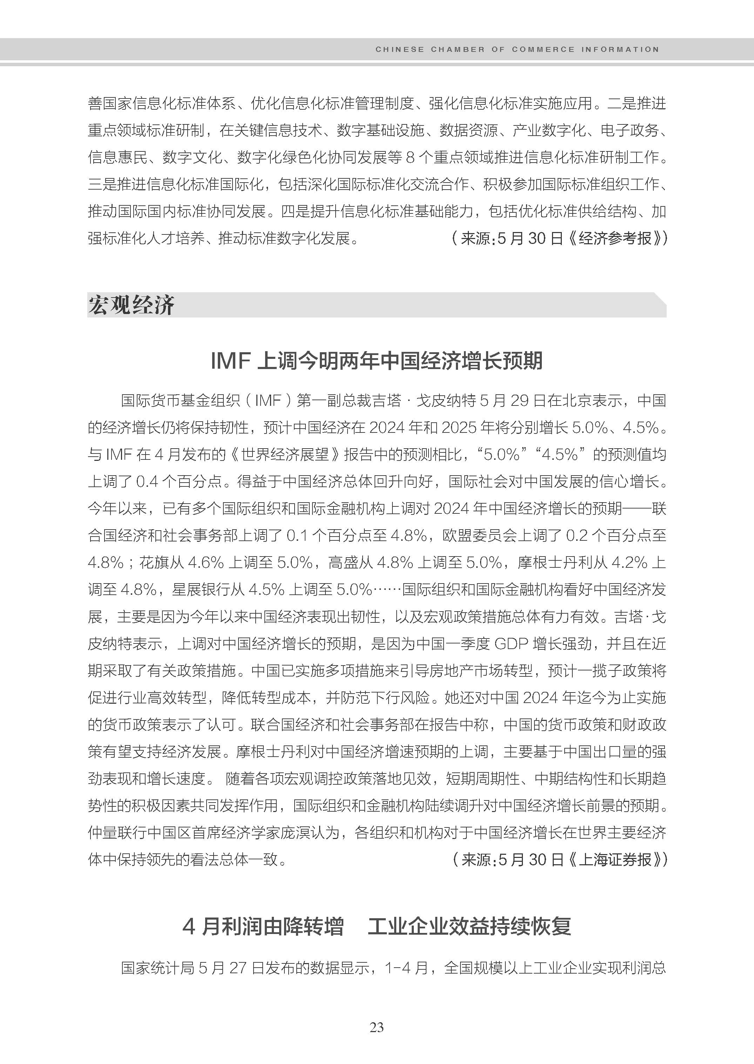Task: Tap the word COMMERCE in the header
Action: click(x=543, y=49)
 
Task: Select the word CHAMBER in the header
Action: click(x=457, y=49)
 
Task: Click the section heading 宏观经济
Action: click(x=132, y=305)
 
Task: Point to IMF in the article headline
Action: click(x=231, y=361)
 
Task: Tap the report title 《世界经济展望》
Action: click(x=285, y=455)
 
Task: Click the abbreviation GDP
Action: click(x=511, y=644)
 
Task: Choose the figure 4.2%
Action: click(x=629, y=563)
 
